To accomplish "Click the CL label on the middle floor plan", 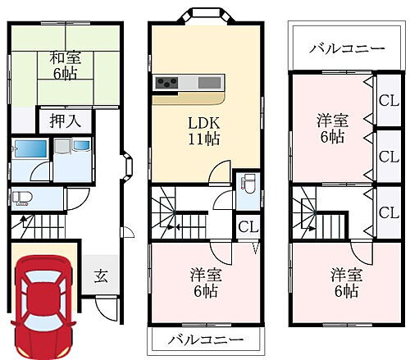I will click(x=246, y=226).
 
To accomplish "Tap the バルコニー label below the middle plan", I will click(x=195, y=339).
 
